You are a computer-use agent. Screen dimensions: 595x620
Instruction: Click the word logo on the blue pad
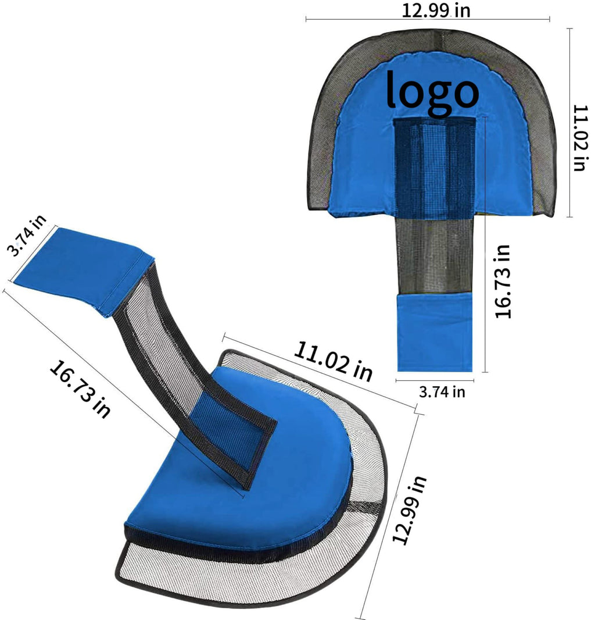(432, 92)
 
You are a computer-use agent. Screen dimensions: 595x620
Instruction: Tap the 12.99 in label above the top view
(436, 10)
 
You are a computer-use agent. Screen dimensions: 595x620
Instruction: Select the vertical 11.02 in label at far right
(580, 138)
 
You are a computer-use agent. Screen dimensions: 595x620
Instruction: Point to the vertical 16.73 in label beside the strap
(503, 281)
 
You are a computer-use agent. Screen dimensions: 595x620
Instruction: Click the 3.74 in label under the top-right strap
(442, 392)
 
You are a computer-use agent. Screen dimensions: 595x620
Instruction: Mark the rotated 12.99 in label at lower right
(409, 510)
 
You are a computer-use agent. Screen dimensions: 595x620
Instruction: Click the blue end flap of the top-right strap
(434, 332)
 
